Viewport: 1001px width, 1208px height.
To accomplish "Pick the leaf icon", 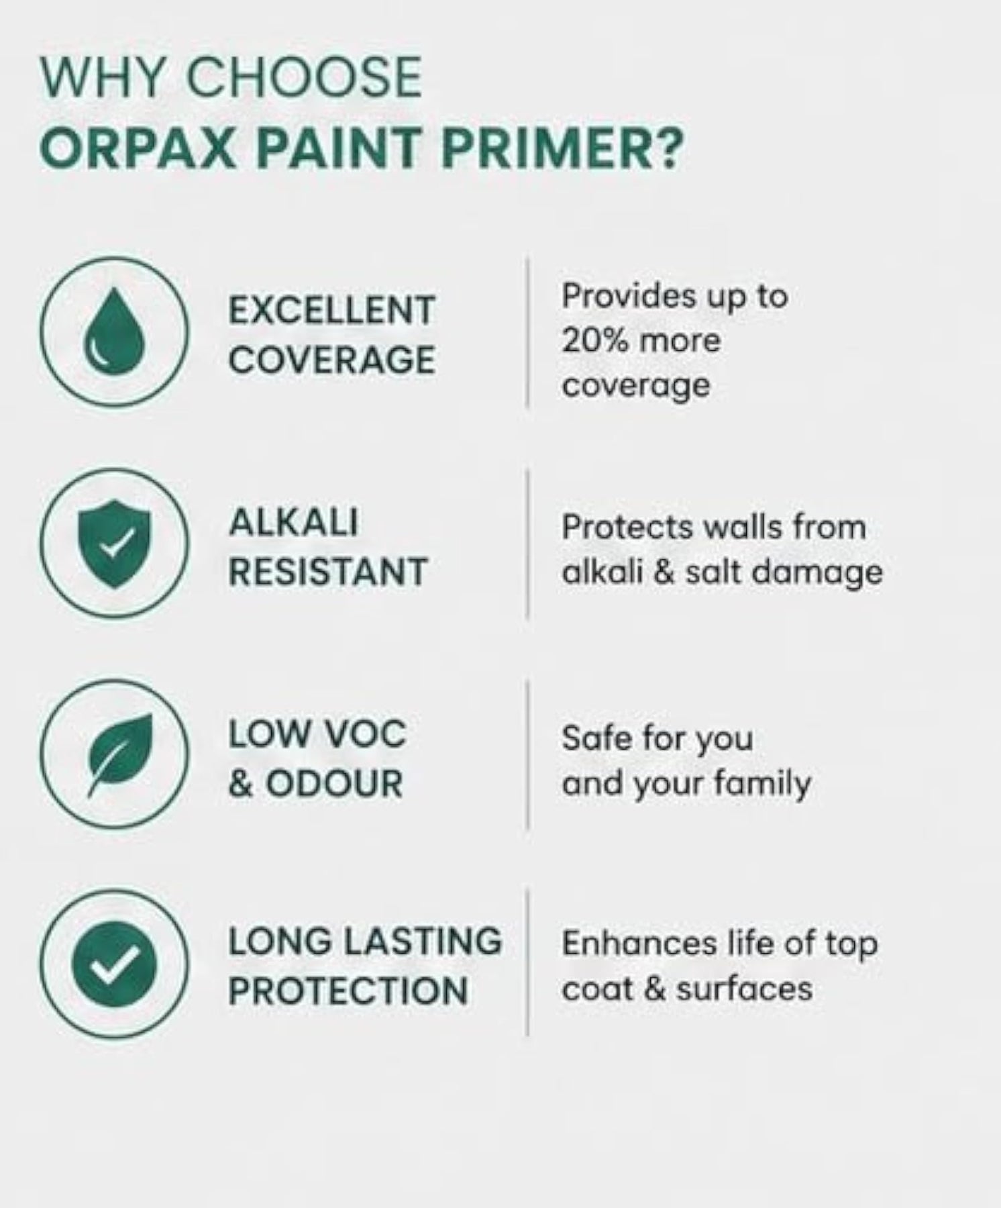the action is click(x=121, y=754).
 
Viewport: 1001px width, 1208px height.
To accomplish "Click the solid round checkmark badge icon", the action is click(x=114, y=964).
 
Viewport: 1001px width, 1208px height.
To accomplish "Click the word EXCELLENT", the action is click(x=331, y=311).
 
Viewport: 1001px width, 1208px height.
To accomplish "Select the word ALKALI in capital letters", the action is click(x=293, y=523).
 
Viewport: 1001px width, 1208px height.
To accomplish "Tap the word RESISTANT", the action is click(x=328, y=572).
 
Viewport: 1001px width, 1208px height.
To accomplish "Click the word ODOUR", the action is click(x=334, y=783).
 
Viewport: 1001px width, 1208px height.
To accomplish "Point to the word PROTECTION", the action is click(x=348, y=991).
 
